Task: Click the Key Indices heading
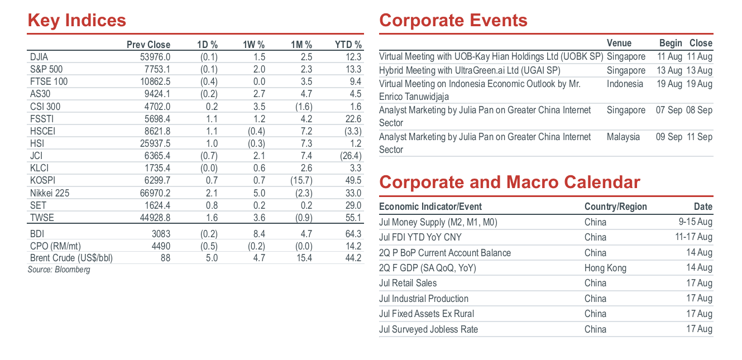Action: coord(77,20)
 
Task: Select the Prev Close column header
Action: coord(149,45)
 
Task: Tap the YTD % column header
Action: coord(348,45)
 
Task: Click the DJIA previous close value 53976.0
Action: coord(155,57)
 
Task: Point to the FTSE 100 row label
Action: coord(49,81)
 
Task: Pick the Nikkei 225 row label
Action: coord(50,193)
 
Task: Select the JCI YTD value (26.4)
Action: coord(351,156)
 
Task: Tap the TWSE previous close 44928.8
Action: coord(155,218)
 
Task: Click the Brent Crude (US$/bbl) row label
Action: coord(71,258)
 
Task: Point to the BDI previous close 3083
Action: coord(161,234)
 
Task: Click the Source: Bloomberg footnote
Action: coord(59,270)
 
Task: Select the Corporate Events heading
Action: coord(453,20)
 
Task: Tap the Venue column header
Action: coord(619,43)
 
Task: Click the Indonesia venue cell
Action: coord(625,84)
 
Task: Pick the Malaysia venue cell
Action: coord(623,137)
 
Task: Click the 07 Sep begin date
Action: coord(669,110)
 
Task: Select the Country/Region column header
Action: coord(615,207)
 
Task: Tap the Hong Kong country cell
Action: coord(605,268)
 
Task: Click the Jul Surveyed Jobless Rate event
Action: coord(429,329)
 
